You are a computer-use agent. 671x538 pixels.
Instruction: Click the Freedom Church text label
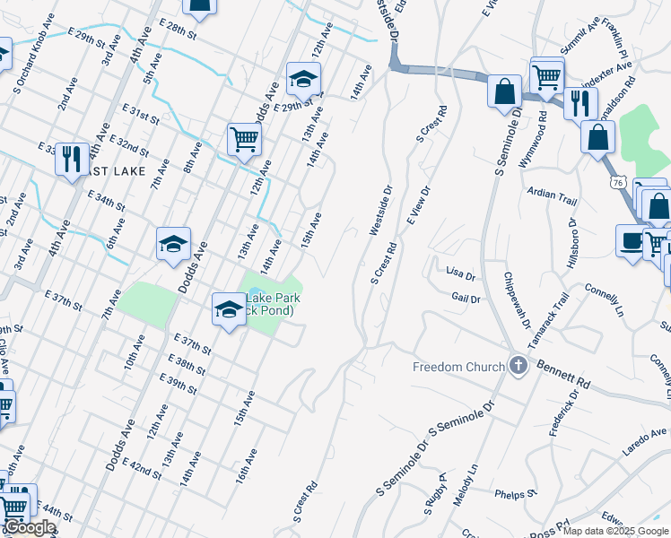pos(458,367)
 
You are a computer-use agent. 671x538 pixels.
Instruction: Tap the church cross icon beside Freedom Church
pos(518,365)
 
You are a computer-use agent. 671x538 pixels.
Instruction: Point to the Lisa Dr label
pos(459,270)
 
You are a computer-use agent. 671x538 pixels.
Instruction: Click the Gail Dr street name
pos(466,299)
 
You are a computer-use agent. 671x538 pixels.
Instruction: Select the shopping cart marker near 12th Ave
pos(243,139)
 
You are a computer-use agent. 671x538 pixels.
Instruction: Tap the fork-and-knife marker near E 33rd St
pos(71,159)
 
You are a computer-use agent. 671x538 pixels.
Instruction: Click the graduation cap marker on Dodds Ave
pos(173,243)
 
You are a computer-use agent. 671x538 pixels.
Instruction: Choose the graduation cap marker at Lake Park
pos(229,309)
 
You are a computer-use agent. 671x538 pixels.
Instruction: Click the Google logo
pos(30,528)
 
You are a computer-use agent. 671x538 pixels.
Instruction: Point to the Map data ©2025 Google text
pos(615,531)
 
